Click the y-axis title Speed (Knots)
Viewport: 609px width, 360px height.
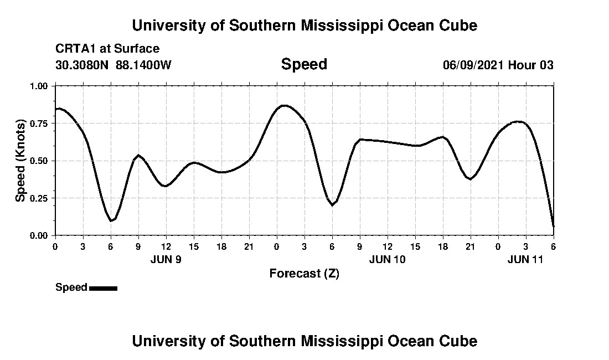[20, 161]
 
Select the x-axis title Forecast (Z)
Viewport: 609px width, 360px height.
[304, 273]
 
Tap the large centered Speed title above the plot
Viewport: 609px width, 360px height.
[304, 64]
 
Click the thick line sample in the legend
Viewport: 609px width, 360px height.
[103, 288]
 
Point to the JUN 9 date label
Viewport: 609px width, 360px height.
[166, 259]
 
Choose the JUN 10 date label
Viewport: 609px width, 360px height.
[387, 259]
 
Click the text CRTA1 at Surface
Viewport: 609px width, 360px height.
[107, 49]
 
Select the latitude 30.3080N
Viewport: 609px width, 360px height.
[83, 65]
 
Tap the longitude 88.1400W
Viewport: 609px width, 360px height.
[144, 65]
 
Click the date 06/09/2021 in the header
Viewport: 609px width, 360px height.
[473, 65]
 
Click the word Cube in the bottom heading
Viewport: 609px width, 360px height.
[459, 341]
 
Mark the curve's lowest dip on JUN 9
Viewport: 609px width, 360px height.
[111, 220]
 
